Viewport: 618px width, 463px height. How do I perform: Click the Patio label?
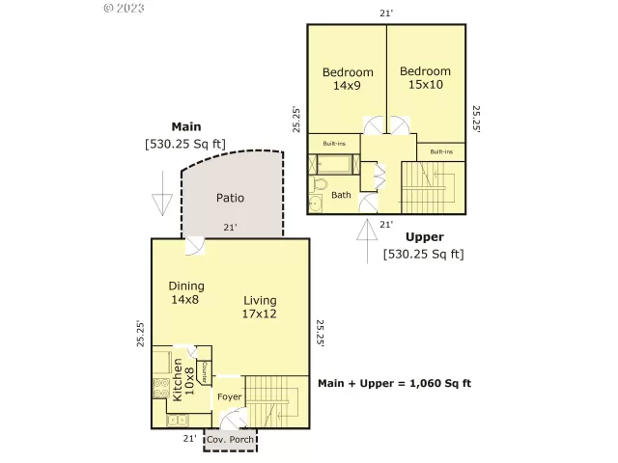coord(230,198)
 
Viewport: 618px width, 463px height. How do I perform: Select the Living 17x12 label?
coord(259,307)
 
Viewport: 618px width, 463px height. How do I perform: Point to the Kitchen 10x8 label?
coord(183,380)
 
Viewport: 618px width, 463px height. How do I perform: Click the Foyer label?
coord(229,397)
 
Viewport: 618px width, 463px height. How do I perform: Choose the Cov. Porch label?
coord(231,440)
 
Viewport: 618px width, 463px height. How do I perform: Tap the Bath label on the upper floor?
coord(341,195)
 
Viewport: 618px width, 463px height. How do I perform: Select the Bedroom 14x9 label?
coord(347,79)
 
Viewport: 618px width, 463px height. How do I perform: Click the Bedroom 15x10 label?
coord(425,78)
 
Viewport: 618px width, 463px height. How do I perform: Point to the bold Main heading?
coord(185,126)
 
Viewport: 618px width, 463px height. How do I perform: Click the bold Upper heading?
coord(424,236)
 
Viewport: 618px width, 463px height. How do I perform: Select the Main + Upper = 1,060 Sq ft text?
coord(394,383)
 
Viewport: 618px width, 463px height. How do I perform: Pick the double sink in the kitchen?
coord(177,419)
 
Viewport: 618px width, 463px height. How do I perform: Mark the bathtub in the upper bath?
coord(333,164)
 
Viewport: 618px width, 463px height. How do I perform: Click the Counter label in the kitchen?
coord(204,371)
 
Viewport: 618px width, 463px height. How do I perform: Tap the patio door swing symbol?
coord(194,247)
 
